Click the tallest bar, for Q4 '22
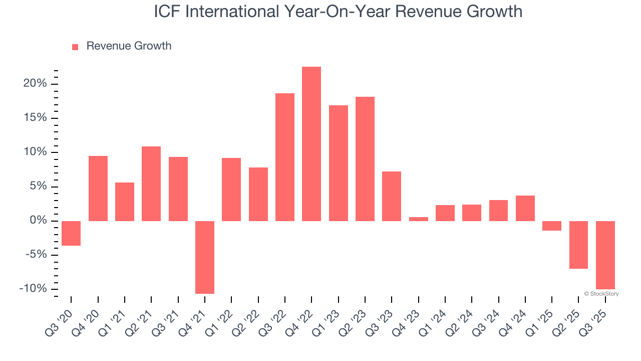tap(311, 144)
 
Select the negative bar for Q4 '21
tap(205, 257)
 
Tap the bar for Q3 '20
tap(71, 233)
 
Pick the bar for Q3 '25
tap(605, 255)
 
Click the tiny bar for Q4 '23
tap(419, 219)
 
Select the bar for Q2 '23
tap(365, 159)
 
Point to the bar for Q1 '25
tap(552, 226)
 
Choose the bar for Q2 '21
tap(151, 184)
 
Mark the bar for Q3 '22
tap(285, 157)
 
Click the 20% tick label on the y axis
tap(35, 84)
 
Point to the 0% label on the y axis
tap(39, 221)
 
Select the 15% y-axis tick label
tap(35, 118)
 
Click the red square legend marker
tap(75, 47)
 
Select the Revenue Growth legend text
tap(129, 46)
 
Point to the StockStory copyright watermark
tap(601, 294)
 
